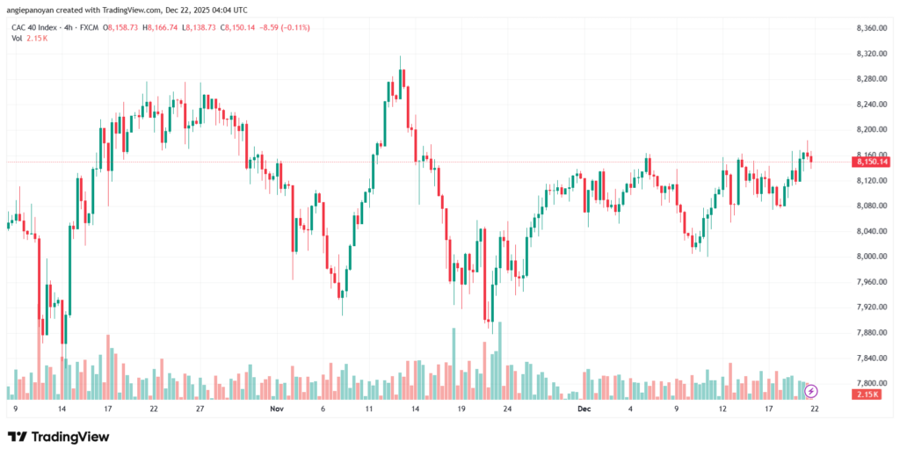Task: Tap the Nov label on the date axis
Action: coord(277,409)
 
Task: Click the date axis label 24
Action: coord(506,409)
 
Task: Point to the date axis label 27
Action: coord(200,409)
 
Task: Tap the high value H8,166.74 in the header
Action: coord(151,28)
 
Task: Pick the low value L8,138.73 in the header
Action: coord(198,28)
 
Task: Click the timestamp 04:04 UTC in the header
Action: coord(228,10)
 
